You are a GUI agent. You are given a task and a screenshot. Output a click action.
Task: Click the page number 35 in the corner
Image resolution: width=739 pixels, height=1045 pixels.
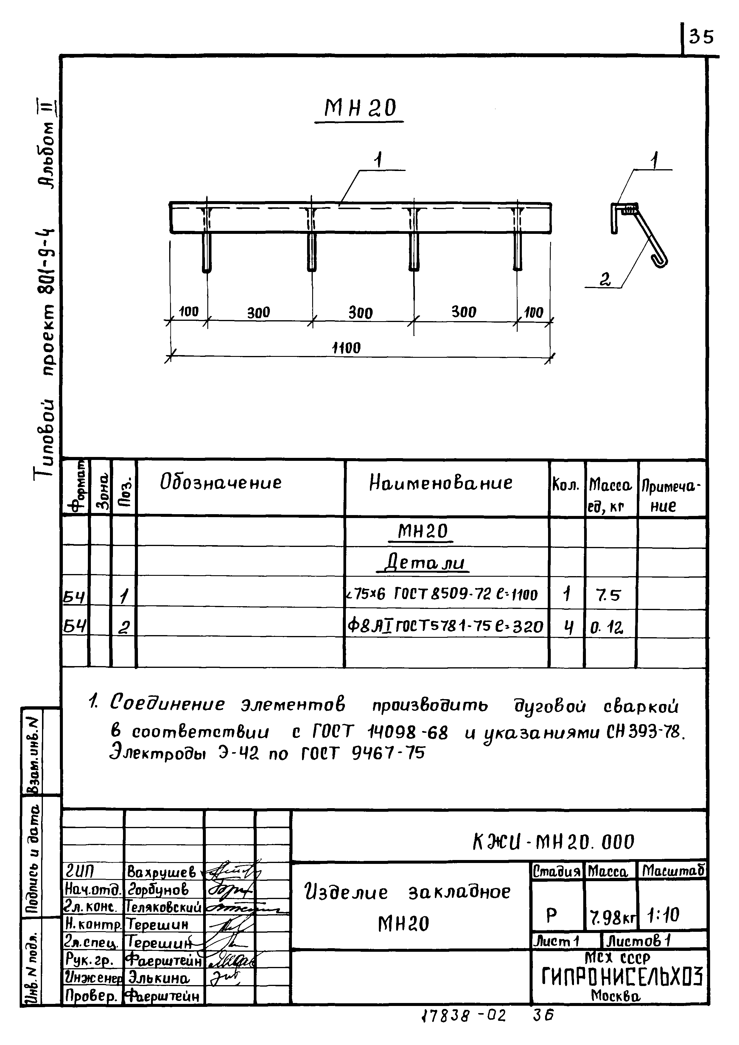click(701, 36)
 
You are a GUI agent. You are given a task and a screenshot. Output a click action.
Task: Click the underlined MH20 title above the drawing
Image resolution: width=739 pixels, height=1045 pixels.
click(360, 108)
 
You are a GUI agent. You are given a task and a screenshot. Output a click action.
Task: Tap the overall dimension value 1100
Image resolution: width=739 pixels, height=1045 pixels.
click(347, 348)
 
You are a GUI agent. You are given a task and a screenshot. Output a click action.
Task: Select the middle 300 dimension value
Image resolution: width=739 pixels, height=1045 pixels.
click(360, 313)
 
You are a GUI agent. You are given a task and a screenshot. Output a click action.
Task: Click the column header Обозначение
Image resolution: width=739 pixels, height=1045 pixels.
click(221, 483)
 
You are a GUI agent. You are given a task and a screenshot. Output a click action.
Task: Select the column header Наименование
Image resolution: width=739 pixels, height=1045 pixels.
click(441, 483)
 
